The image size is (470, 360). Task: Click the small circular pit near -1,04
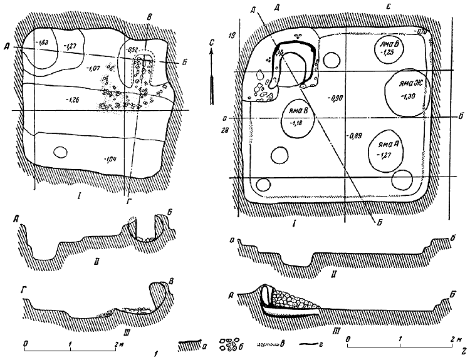[x=60, y=152]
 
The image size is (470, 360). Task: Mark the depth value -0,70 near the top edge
[x=420, y=30]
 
